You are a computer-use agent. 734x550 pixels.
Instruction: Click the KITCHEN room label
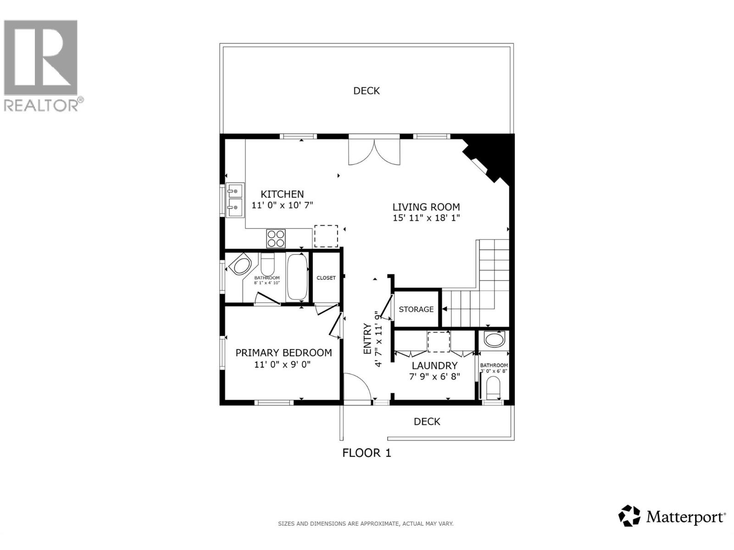click(x=282, y=194)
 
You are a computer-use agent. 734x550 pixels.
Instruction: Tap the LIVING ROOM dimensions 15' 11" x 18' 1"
click(x=426, y=218)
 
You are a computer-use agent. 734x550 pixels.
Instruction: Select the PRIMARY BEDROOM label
click(x=284, y=352)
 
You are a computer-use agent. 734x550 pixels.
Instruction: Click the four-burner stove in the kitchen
click(x=276, y=238)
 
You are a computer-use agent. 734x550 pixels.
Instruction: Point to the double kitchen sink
click(x=235, y=200)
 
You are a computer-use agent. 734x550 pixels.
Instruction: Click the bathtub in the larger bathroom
click(x=297, y=277)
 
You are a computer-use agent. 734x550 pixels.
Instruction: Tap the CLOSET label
click(x=326, y=278)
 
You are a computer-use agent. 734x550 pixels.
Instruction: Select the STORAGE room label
click(x=416, y=309)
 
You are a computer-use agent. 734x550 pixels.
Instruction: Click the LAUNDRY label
click(x=434, y=365)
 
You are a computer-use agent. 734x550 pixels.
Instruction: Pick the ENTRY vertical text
click(x=367, y=339)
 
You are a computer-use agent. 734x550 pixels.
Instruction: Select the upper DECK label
click(x=366, y=91)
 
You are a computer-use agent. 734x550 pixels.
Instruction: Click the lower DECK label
click(x=427, y=421)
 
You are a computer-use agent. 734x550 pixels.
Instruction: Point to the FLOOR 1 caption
click(x=367, y=453)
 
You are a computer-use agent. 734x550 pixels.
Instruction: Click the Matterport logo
click(x=672, y=517)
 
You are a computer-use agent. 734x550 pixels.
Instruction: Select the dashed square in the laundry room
click(x=439, y=342)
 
